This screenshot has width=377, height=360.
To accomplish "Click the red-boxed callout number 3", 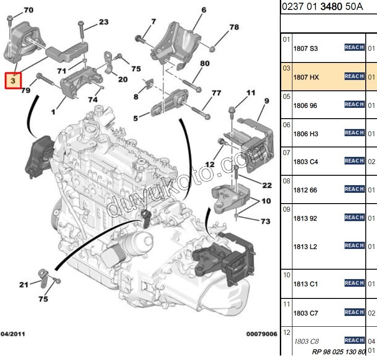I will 13,81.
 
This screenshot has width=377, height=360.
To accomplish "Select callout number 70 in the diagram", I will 28,10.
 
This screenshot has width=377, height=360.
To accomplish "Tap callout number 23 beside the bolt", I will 103,22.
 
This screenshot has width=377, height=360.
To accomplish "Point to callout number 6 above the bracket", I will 203,10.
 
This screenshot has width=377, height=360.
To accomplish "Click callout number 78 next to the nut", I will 234,27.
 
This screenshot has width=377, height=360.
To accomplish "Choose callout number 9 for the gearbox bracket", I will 266,101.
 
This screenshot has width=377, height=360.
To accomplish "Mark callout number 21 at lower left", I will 23,284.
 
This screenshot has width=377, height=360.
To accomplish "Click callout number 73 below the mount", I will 265,222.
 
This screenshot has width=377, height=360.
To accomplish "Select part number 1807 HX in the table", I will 306,77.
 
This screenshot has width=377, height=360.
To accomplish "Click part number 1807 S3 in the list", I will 305,49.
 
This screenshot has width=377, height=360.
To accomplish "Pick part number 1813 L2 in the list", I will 305,247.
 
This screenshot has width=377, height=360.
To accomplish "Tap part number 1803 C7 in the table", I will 305,313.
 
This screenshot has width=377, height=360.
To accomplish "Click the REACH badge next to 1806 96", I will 354,104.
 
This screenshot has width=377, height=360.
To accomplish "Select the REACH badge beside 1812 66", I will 354,189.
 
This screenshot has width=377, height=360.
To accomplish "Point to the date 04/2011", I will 13,334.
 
